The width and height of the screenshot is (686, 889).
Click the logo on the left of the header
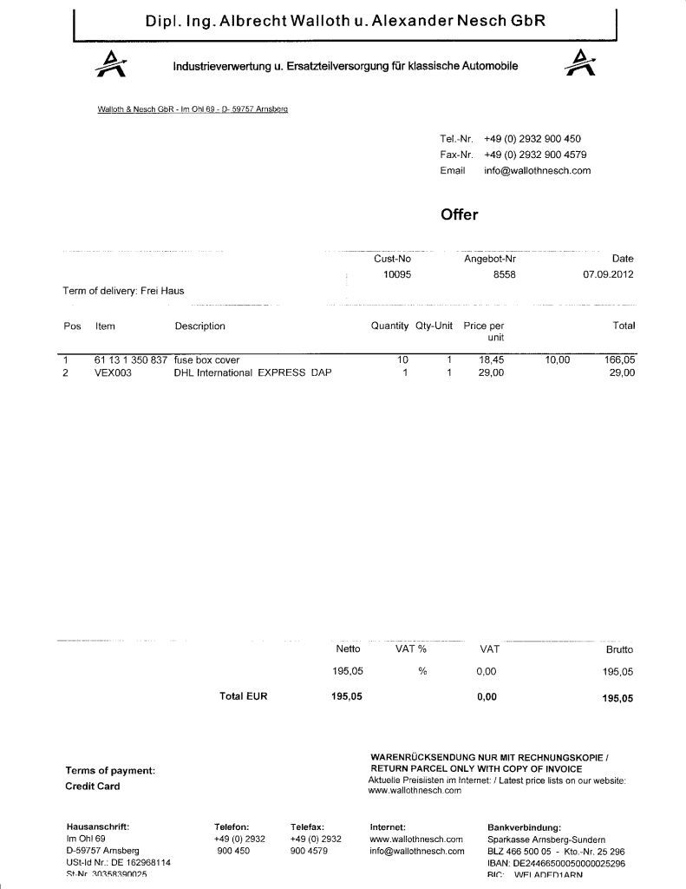(x=110, y=63)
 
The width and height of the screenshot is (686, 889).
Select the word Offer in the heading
(x=460, y=214)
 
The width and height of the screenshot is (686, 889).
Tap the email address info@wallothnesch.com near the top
(x=537, y=170)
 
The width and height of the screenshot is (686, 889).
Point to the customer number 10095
(x=397, y=274)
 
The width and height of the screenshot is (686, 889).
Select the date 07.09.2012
(x=608, y=274)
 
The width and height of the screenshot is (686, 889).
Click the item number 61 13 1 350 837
(x=132, y=359)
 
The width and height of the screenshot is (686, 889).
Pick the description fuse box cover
(x=206, y=359)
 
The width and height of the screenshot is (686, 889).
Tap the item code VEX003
(x=114, y=372)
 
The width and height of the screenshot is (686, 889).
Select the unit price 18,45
(x=492, y=359)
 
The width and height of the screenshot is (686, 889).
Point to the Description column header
(x=199, y=326)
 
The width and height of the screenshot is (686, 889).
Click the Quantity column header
(x=389, y=326)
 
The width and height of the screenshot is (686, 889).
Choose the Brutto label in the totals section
(x=619, y=649)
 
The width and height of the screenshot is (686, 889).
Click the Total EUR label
(x=244, y=695)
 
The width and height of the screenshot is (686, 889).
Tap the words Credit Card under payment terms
(x=93, y=787)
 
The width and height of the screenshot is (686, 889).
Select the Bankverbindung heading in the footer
(x=525, y=827)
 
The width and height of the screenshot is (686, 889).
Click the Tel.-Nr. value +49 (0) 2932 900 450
(x=532, y=139)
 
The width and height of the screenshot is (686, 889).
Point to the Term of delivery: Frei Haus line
(x=123, y=291)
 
